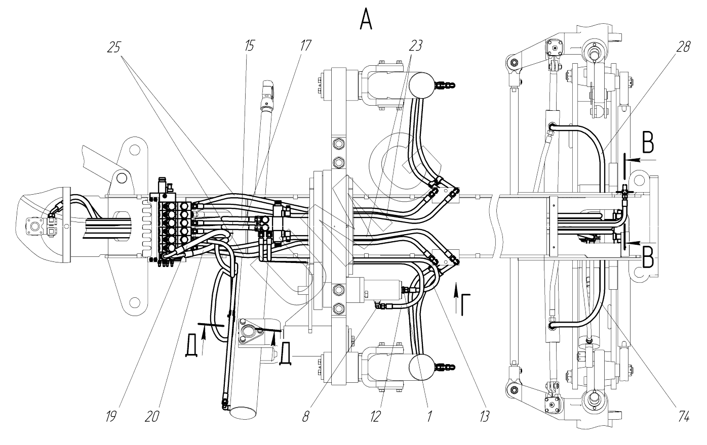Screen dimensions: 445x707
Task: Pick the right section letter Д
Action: click(286, 353)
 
